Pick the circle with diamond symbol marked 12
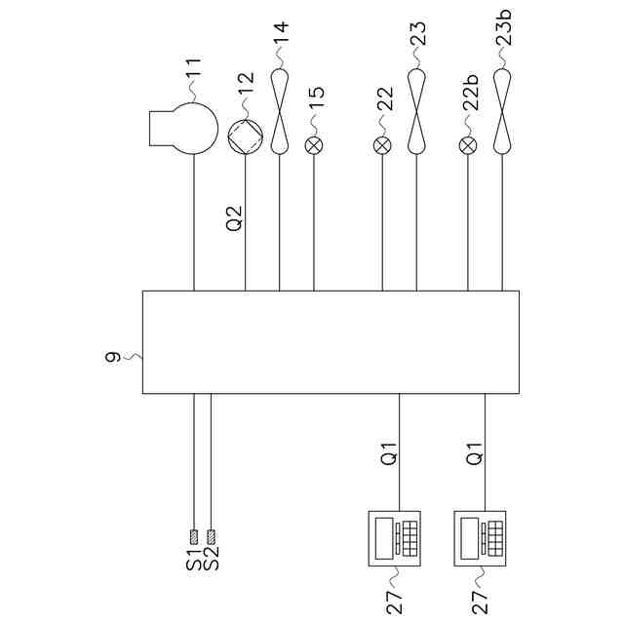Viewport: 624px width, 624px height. coord(245,136)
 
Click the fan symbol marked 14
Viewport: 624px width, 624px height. coord(280,109)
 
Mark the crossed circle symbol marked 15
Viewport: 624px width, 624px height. coord(314,145)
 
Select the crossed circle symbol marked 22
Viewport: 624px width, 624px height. coord(382,145)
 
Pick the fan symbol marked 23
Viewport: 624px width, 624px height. coord(417,109)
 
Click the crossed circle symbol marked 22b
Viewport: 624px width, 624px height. coord(468,145)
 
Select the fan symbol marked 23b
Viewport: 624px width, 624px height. coord(503,109)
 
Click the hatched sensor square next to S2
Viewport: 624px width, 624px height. coord(211,535)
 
